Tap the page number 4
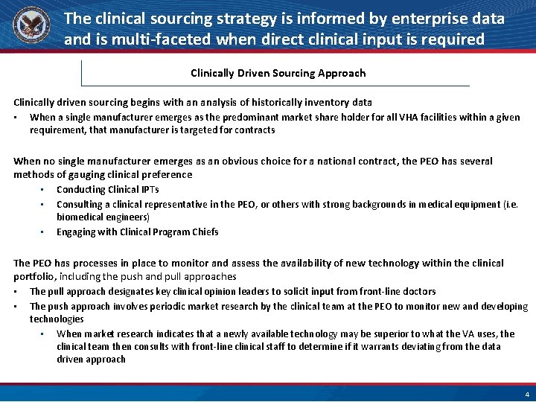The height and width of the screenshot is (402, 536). click(x=527, y=394)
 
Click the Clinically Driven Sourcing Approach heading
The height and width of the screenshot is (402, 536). click(x=278, y=73)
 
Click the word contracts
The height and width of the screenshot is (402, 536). click(x=254, y=130)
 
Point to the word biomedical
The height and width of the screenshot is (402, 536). click(x=81, y=217)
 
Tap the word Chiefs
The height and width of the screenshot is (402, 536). click(x=205, y=232)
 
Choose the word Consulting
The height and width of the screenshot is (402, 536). click(x=80, y=204)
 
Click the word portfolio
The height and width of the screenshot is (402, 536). click(x=33, y=276)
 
